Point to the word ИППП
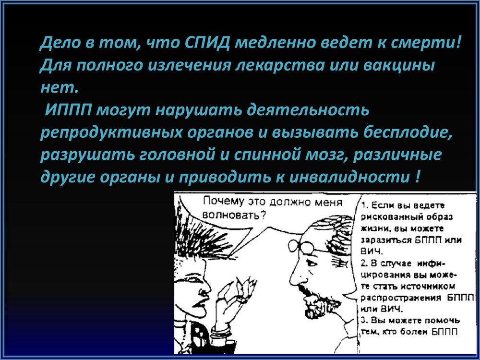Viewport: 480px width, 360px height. click(x=68, y=110)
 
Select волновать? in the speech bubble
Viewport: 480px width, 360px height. click(x=234, y=215)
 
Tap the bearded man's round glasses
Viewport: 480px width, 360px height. click(x=303, y=245)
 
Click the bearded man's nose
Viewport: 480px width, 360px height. click(x=295, y=276)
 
